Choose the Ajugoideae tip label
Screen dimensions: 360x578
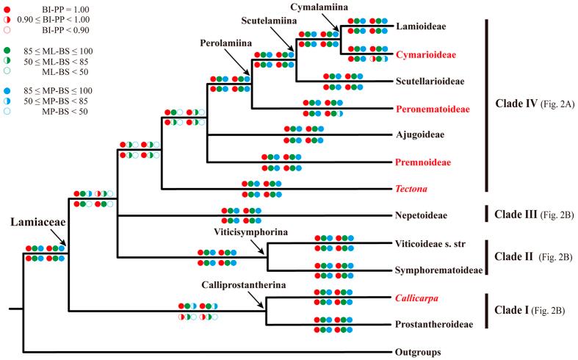click(x=419, y=135)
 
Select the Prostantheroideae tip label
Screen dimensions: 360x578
click(x=434, y=324)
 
